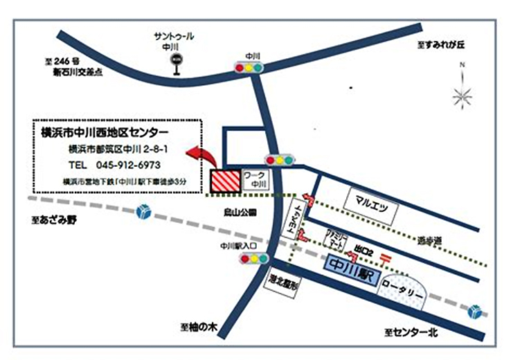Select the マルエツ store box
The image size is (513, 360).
[x=371, y=205]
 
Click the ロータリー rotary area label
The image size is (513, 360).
[x=402, y=293]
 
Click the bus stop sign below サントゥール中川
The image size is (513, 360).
[x=176, y=60]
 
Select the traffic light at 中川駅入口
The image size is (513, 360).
[x=253, y=259]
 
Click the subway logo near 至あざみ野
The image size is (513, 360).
[x=143, y=210]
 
